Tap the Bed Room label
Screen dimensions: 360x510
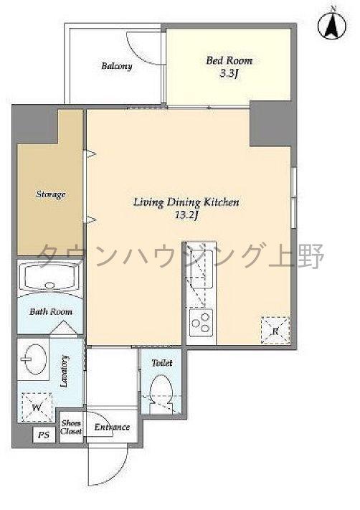(229, 60)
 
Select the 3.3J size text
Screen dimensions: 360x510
(229, 74)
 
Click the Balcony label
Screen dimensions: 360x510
(117, 66)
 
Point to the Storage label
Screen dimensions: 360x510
(51, 194)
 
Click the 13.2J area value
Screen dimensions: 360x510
(186, 215)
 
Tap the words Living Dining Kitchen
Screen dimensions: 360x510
(186, 202)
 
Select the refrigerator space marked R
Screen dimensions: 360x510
(275, 331)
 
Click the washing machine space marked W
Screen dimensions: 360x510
(37, 407)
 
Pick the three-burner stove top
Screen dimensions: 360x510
(202, 323)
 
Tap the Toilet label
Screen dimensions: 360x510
(162, 363)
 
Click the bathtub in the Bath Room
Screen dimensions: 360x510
(49, 276)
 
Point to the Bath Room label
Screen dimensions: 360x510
(51, 311)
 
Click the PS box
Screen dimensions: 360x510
(44, 435)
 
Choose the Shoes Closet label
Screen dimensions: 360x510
(72, 427)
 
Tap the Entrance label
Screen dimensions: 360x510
(112, 427)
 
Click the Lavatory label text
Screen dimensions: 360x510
(65, 371)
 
